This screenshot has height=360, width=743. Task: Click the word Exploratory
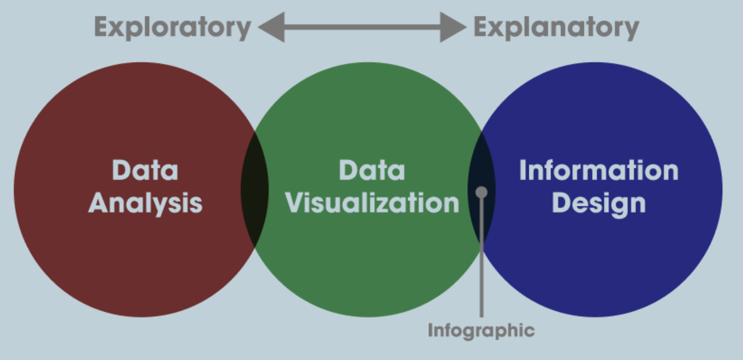pos(172,27)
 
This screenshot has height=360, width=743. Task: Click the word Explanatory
pos(556,27)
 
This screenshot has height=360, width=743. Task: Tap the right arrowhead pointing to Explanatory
pos(453,27)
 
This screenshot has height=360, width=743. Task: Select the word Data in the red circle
pos(145,170)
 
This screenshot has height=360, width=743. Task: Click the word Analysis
pos(145,203)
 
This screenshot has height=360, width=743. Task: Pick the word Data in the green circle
pos(371,170)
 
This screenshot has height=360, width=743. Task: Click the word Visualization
pos(371,203)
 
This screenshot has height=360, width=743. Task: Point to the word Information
pos(598,170)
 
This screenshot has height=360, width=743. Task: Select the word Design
pos(598,203)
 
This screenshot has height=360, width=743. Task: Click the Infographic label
pos(481,330)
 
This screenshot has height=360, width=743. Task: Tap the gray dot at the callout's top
pos(481,192)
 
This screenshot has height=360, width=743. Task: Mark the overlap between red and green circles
pos(254,190)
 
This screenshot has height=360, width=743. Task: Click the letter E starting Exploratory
pos(101,27)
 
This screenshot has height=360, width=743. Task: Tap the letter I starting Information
pos(522,170)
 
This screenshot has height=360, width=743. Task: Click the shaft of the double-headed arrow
pos(362,27)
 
